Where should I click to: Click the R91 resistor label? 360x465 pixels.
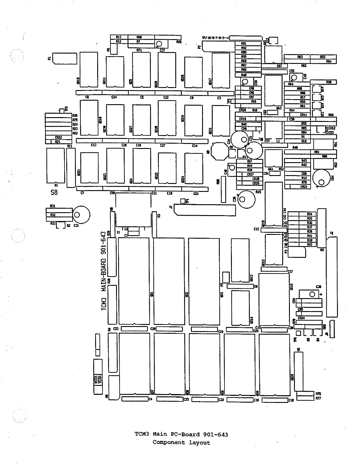(x=244, y=44)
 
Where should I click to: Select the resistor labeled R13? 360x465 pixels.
(x=118, y=37)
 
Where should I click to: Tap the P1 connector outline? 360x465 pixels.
(x=65, y=58)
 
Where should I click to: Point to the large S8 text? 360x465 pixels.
(x=54, y=192)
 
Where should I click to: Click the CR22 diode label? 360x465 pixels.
(x=58, y=137)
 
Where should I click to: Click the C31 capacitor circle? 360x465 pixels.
(x=81, y=215)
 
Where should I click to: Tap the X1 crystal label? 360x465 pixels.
(x=118, y=232)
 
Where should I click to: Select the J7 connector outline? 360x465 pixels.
(x=205, y=210)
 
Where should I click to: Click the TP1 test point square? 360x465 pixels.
(x=183, y=201)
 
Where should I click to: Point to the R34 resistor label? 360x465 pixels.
(x=309, y=214)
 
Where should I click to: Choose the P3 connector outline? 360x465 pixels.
(x=297, y=251)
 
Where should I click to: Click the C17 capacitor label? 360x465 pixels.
(x=290, y=271)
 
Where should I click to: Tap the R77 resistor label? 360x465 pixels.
(x=318, y=398)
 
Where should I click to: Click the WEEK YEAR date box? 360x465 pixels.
(x=98, y=377)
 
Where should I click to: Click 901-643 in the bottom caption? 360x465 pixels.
(x=216, y=434)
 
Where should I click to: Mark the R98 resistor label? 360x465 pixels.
(x=329, y=82)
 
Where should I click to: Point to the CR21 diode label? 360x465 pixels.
(x=304, y=187)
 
